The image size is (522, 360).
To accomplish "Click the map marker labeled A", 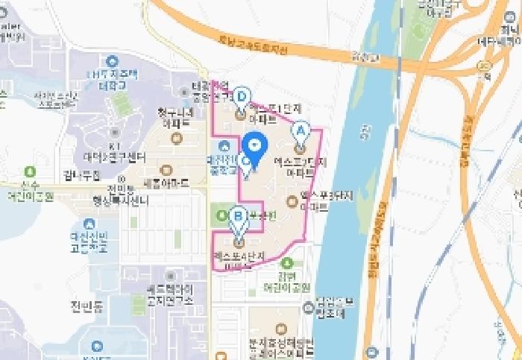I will pos(301,132).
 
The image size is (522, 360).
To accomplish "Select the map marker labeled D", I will pos(241,98).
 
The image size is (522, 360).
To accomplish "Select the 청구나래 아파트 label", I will pos(175,117).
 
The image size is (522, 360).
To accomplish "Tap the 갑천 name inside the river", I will pos(364,132).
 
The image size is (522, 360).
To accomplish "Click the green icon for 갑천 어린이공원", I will pos(288,262).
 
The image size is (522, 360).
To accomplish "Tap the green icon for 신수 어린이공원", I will pos(29,172).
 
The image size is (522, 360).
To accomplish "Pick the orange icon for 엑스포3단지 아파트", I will pos(292,200).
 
